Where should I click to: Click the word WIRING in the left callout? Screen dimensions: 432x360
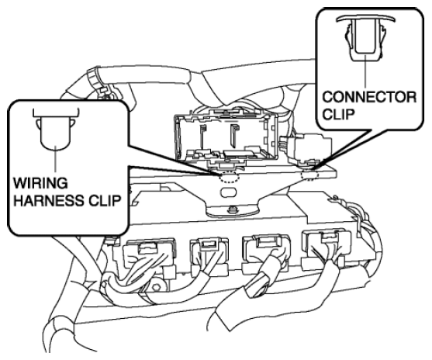pyautogui.click(x=40, y=183)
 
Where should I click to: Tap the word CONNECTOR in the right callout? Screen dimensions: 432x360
pyautogui.click(x=369, y=97)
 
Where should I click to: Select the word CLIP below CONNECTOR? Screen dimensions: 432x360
pyautogui.click(x=338, y=114)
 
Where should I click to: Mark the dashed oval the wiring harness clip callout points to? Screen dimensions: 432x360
pyautogui.click(x=230, y=177)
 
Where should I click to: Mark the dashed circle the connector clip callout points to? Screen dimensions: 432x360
pyautogui.click(x=310, y=175)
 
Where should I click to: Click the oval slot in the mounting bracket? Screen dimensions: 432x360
pyautogui.click(x=228, y=192)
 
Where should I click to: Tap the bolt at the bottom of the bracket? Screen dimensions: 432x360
pyautogui.click(x=232, y=209)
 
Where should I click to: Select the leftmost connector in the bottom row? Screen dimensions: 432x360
pyautogui.click(x=150, y=255)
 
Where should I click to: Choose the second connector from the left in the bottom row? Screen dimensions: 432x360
pyautogui.click(x=209, y=253)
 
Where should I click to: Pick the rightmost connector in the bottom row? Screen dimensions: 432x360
pyautogui.click(x=327, y=248)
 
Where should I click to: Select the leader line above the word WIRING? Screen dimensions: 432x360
pyautogui.click(x=56, y=161)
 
